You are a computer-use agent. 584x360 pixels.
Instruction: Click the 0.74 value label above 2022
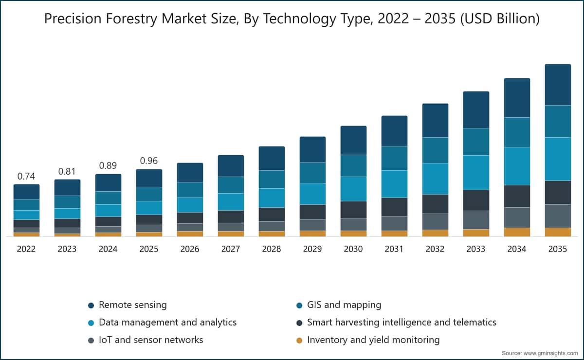coord(26,177)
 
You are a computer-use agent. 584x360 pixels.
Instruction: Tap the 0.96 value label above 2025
coord(149,161)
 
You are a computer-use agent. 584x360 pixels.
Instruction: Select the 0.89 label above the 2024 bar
coord(108,165)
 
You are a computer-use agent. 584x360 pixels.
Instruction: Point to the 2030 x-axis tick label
coord(353,249)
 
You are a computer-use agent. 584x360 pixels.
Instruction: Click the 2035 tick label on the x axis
coord(558,249)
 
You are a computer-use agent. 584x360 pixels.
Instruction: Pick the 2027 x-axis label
coord(231,249)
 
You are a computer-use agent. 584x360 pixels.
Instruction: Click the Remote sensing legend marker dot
coord(91,306)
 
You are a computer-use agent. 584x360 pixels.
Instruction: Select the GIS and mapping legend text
coord(344,305)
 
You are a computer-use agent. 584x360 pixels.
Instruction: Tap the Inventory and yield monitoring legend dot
coord(299,341)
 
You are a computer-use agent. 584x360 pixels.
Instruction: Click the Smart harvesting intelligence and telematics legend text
coord(402,323)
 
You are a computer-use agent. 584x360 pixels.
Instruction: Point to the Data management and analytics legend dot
coord(91,323)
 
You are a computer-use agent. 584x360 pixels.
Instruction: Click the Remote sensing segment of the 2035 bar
coord(558,85)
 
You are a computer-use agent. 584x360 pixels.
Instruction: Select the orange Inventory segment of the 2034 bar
coord(517,232)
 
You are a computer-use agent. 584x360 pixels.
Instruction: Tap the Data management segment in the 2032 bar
coord(436,179)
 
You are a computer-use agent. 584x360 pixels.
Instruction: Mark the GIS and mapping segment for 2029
coord(312,173)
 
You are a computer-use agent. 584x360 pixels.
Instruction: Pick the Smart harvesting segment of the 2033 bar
coord(476,200)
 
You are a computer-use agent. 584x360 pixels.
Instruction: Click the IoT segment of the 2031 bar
coord(395,223)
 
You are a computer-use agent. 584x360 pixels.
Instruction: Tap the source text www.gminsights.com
coord(550,353)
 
